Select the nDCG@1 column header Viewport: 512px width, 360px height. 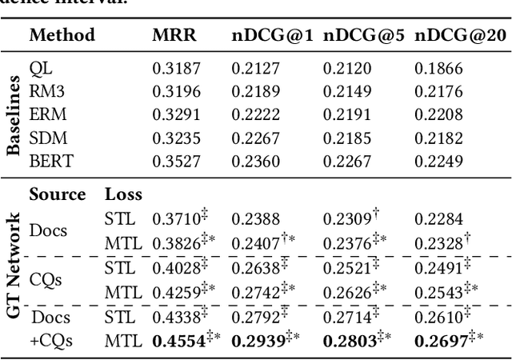272,35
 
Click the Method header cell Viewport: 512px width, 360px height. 62,35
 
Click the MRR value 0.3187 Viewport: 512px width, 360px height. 176,69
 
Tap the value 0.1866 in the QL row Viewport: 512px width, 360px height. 438,69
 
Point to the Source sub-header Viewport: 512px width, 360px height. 58,194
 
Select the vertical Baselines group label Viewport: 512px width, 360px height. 14,115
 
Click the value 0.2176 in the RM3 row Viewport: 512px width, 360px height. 438,92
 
